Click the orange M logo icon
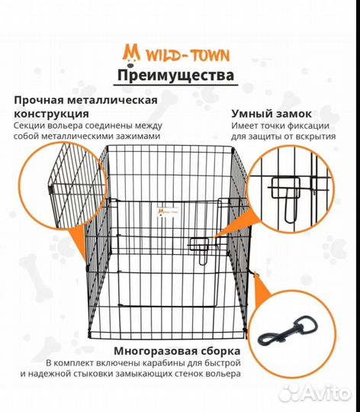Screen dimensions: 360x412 [x=131, y=54]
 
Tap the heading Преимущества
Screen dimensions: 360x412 [x=175, y=76]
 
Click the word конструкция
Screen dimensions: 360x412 [x=51, y=114]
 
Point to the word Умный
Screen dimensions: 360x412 [x=250, y=114]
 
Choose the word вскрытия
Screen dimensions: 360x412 [x=316, y=137]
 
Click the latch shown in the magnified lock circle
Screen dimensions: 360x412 [x=287, y=197]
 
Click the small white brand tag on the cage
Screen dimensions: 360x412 [x=168, y=211]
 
